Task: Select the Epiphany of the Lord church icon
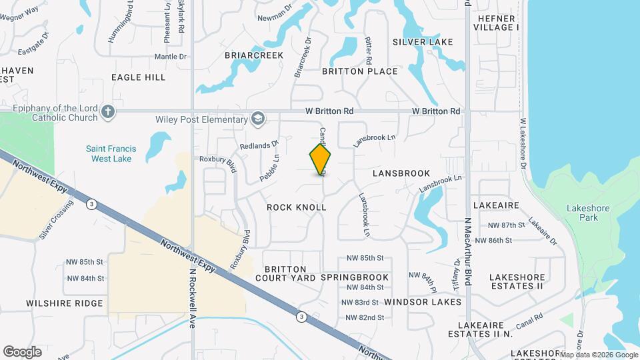tap(108, 112)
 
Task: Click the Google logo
tap(22, 351)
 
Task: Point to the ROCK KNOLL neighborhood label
tap(297, 207)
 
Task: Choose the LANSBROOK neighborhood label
tap(401, 173)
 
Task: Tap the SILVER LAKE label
tap(423, 42)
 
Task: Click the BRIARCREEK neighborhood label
tap(254, 55)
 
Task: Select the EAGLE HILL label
tap(139, 77)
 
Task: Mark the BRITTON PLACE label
tap(360, 71)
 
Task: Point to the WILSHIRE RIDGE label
tap(65, 303)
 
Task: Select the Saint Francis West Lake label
tap(111, 153)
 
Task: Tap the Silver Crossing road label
tap(56, 219)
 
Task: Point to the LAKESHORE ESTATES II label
tap(517, 281)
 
